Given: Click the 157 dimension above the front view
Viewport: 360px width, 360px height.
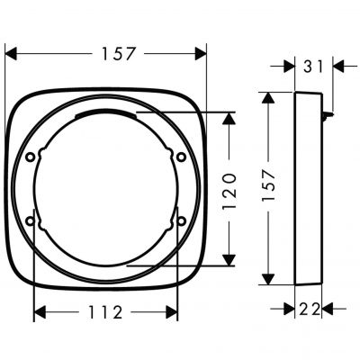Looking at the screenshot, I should (x=117, y=53).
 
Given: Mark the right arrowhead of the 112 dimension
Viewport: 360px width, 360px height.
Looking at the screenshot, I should (x=173, y=314).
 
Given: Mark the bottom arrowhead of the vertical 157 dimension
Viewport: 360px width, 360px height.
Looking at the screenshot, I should (x=266, y=279).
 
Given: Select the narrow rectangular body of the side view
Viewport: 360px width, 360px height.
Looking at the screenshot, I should (x=308, y=189).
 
